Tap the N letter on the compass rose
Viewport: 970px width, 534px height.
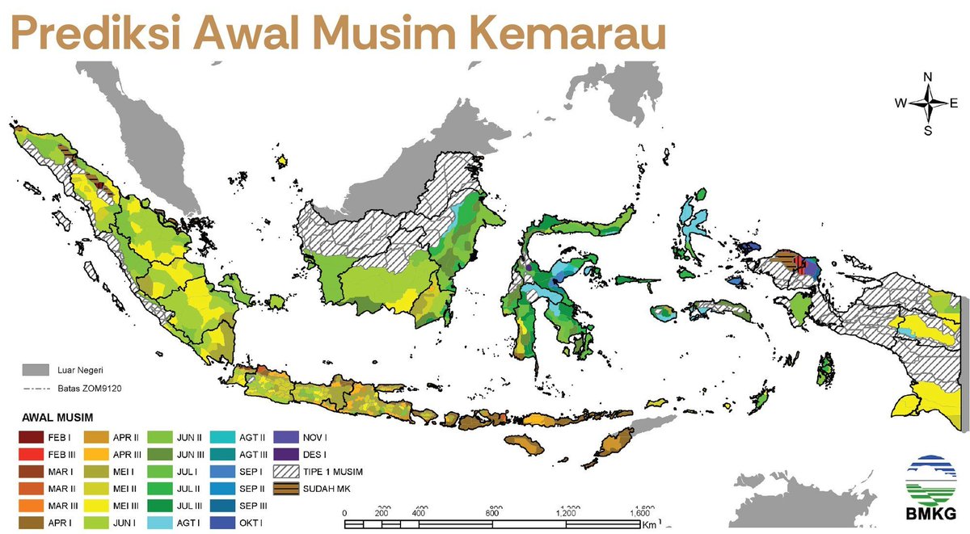[x=928, y=78]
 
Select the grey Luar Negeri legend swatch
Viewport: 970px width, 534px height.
[x=34, y=370]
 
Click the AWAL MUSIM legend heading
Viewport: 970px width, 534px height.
[x=57, y=418]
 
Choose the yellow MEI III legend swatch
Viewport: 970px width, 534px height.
[x=96, y=507]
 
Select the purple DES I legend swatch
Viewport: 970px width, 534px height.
[x=287, y=454]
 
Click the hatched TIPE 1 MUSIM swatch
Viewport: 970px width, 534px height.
[x=287, y=471]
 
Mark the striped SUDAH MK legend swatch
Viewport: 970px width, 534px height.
[x=287, y=489]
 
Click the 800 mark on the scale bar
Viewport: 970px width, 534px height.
[x=491, y=513]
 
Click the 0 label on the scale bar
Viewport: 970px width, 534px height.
[x=345, y=513]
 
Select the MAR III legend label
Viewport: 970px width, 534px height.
[x=62, y=507]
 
